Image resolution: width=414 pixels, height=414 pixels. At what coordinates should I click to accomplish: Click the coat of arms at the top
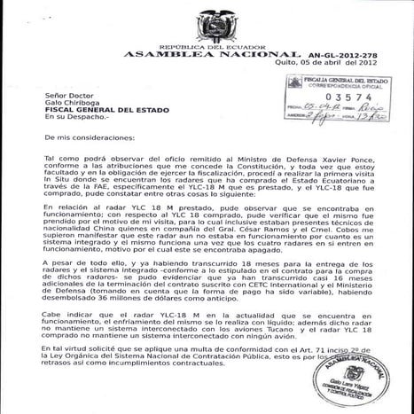(207, 24)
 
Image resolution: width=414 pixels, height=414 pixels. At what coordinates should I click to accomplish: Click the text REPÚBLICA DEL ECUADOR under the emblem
(207, 46)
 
